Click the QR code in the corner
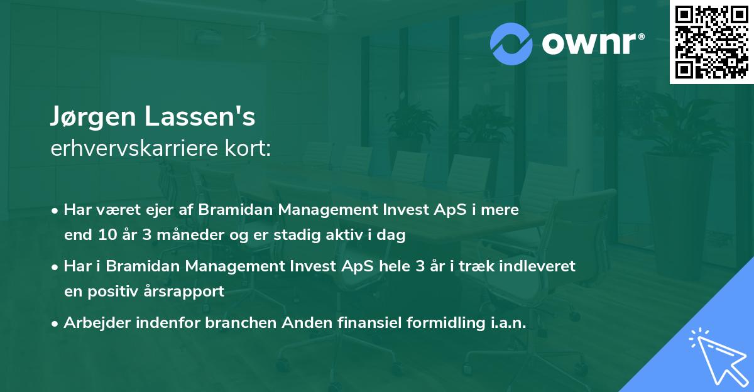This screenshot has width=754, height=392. coord(711,42)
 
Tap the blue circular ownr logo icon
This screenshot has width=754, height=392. coord(511,44)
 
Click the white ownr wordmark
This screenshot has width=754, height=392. coord(593,44)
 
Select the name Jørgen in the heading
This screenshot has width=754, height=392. coord(93,117)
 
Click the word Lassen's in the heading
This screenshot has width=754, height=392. coord(200,116)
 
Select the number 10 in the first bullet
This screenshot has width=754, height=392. coord(107,235)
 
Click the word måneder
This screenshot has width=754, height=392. coord(190,235)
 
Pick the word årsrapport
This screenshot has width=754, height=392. coord(183,291)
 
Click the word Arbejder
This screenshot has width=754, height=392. coord(97,322)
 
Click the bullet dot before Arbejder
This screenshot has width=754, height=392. coord(55,324)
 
